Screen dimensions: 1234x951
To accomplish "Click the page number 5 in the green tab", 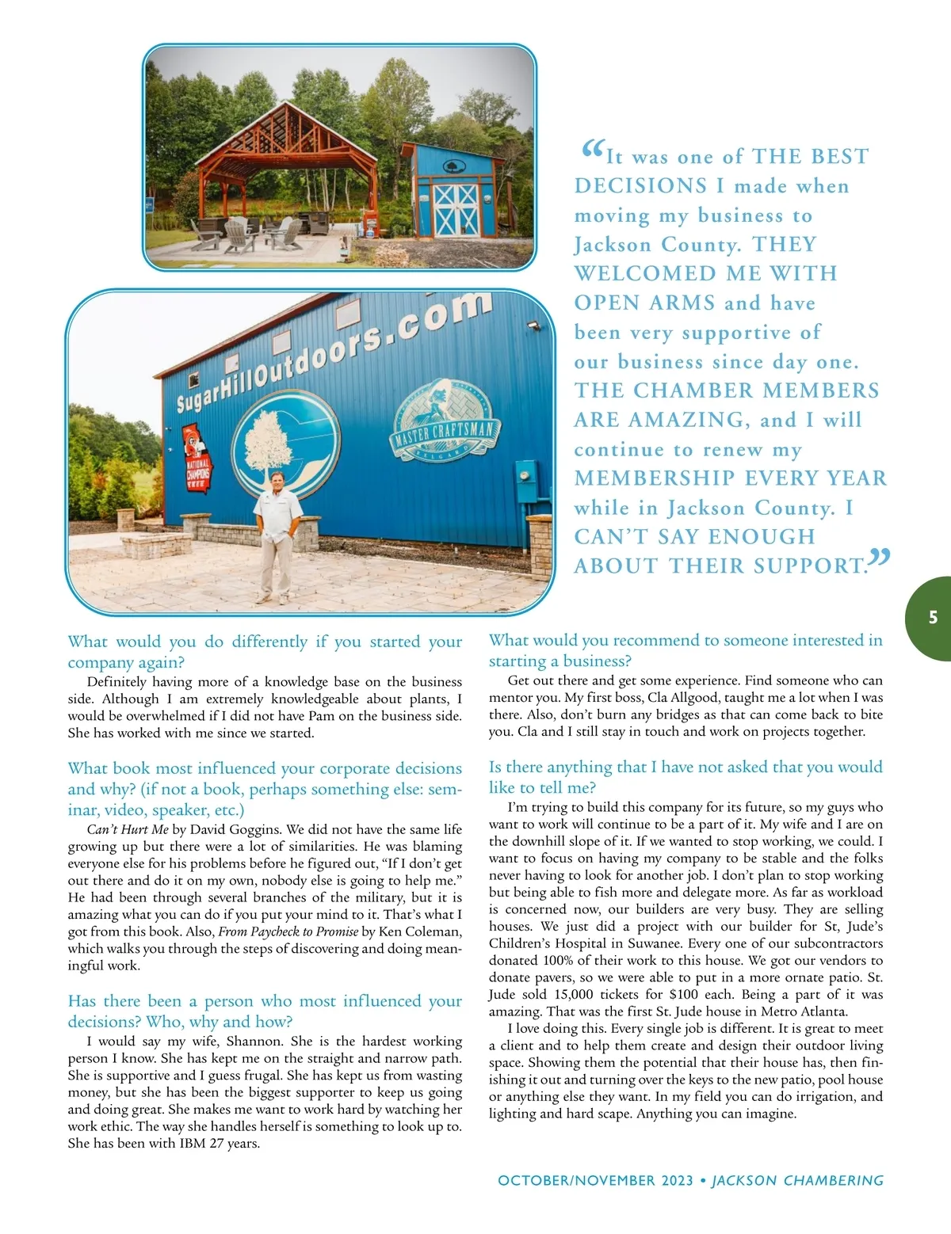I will [x=933, y=618].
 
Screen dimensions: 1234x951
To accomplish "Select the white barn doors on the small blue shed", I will [x=456, y=210].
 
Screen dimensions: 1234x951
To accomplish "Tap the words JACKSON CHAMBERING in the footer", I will [x=797, y=1180].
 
